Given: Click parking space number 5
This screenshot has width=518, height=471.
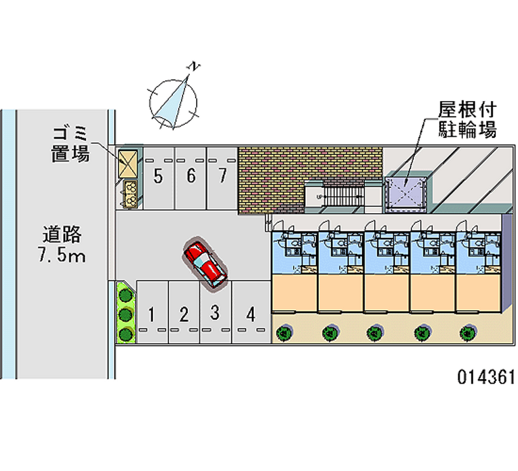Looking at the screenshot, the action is click(158, 177).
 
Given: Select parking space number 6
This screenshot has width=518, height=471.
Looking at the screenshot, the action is click(191, 177).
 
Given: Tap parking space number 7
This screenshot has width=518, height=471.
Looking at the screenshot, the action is click(222, 177).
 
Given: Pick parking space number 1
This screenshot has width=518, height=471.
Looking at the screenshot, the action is click(151, 316).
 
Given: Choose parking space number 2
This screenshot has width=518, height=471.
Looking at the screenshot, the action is click(184, 316).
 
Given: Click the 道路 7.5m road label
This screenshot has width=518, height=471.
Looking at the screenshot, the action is click(62, 244).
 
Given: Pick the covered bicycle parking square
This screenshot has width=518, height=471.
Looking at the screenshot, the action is click(405, 190).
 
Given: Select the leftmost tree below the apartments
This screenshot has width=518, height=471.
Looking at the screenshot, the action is click(283, 334).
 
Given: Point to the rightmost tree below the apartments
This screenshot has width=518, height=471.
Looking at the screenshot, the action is click(466, 334).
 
